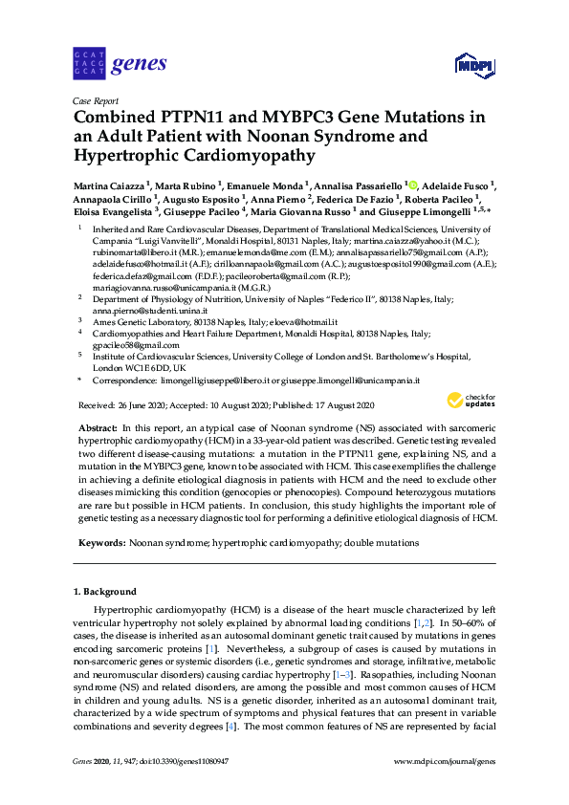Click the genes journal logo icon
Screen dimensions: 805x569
[x=89, y=64]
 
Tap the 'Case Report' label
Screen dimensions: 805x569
[x=94, y=100]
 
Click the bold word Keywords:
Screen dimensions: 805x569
[x=99, y=542]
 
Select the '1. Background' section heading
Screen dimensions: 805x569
[x=105, y=592]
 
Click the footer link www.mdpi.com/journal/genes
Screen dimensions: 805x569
[x=445, y=788]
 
